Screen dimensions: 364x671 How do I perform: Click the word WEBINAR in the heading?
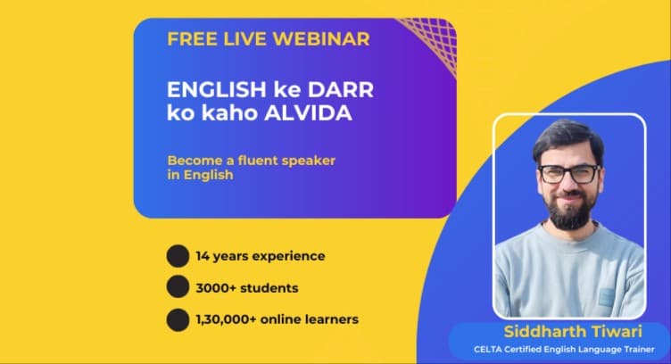(x=323, y=39)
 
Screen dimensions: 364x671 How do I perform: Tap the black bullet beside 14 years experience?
(x=178, y=257)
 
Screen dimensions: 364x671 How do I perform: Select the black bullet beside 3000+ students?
(x=178, y=287)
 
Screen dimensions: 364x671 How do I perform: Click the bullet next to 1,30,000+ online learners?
(x=178, y=318)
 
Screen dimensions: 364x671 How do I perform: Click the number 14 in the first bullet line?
(x=203, y=257)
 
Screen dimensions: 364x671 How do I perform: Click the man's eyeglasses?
(x=568, y=174)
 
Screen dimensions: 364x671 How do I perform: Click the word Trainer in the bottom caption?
(x=648, y=349)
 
